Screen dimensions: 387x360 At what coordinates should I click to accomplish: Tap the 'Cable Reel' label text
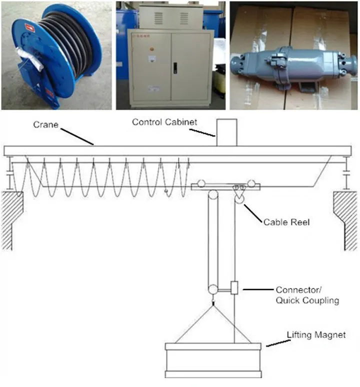[x=286, y=221]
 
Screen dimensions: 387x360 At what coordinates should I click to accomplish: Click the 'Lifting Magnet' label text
[x=315, y=334]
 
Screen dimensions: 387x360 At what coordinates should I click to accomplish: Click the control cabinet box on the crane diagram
[x=226, y=132]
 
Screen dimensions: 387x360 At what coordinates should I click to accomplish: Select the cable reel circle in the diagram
[x=239, y=199]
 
